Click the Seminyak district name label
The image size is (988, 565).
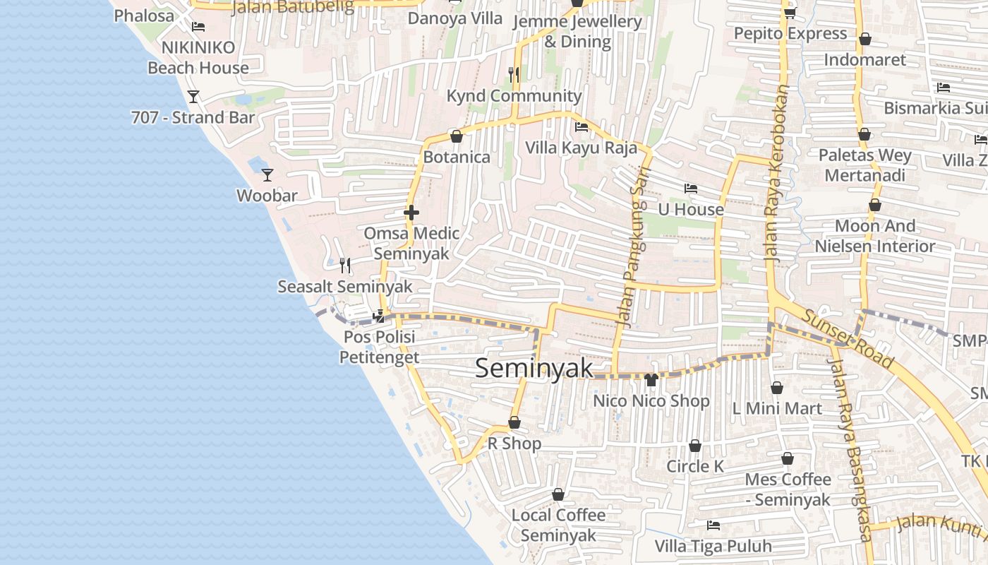point(534,368)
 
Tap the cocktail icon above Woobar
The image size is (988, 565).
point(267,174)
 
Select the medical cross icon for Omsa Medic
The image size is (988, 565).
point(411,212)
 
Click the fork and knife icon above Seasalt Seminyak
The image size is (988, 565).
point(345,266)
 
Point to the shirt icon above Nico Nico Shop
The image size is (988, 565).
point(651,380)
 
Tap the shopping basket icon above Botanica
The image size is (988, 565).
point(456,136)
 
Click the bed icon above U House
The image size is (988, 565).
point(691,189)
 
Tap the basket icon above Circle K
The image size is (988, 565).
point(695,446)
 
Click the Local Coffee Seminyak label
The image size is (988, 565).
point(558,525)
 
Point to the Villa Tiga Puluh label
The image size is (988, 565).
point(713,546)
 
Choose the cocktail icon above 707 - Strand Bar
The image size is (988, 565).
point(193,96)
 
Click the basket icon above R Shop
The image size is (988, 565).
point(514,422)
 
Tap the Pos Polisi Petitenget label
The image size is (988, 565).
point(380,347)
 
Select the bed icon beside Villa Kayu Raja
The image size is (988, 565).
point(582,127)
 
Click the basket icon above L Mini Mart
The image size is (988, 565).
point(777,388)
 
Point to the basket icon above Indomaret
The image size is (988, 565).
point(864,39)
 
